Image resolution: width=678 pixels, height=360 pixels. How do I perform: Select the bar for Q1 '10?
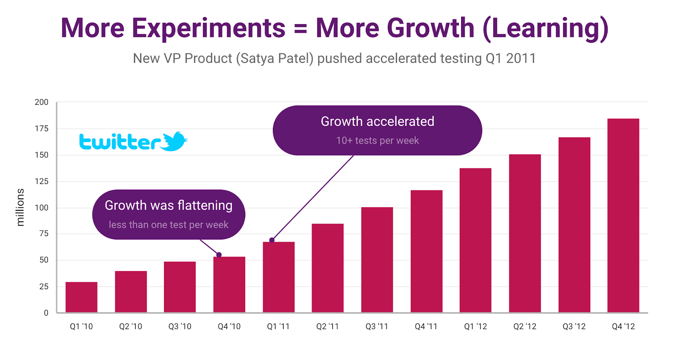81,297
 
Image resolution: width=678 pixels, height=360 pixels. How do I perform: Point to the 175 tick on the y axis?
42,128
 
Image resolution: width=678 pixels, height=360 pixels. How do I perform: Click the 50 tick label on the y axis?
44,260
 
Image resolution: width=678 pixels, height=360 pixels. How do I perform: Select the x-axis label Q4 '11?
426,327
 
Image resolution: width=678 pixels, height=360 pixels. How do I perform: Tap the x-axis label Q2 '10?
131,327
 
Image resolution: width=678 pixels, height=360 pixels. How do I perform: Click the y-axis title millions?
20,207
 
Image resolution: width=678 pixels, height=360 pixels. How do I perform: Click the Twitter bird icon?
174,141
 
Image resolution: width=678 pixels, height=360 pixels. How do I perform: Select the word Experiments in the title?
208,28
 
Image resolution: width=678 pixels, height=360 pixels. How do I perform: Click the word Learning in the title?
545,28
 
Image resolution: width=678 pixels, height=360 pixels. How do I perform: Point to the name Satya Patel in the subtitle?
274,58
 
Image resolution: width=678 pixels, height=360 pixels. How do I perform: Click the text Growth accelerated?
377,122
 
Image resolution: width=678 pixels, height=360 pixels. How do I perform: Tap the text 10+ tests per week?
377,141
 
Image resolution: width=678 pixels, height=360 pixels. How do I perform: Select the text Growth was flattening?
168,206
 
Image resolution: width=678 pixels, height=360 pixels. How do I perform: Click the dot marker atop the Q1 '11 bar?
272,240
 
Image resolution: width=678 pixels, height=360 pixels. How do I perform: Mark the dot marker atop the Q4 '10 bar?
219,255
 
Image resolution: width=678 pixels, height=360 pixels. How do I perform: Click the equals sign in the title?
300,29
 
